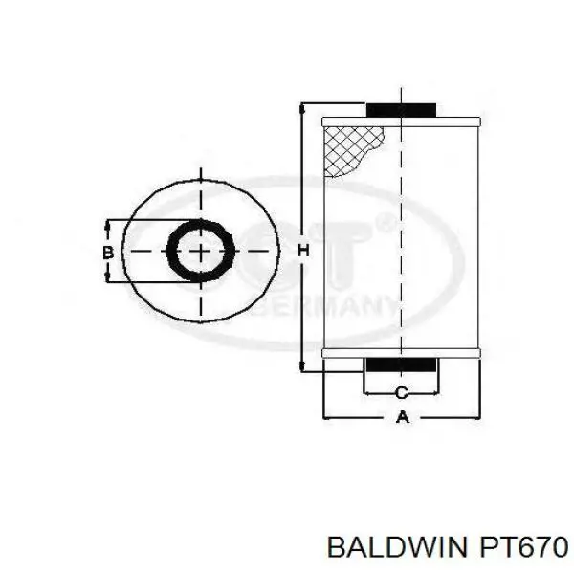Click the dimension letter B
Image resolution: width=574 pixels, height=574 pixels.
click(x=109, y=252)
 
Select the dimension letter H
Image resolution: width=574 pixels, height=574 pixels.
click(x=304, y=251)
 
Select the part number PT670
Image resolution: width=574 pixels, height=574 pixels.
click(x=517, y=546)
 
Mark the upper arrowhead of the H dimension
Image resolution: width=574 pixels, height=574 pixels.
click(x=304, y=106)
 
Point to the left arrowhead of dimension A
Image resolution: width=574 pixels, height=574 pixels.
click(x=329, y=418)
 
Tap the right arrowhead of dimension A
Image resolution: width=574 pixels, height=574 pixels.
click(x=475, y=418)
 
